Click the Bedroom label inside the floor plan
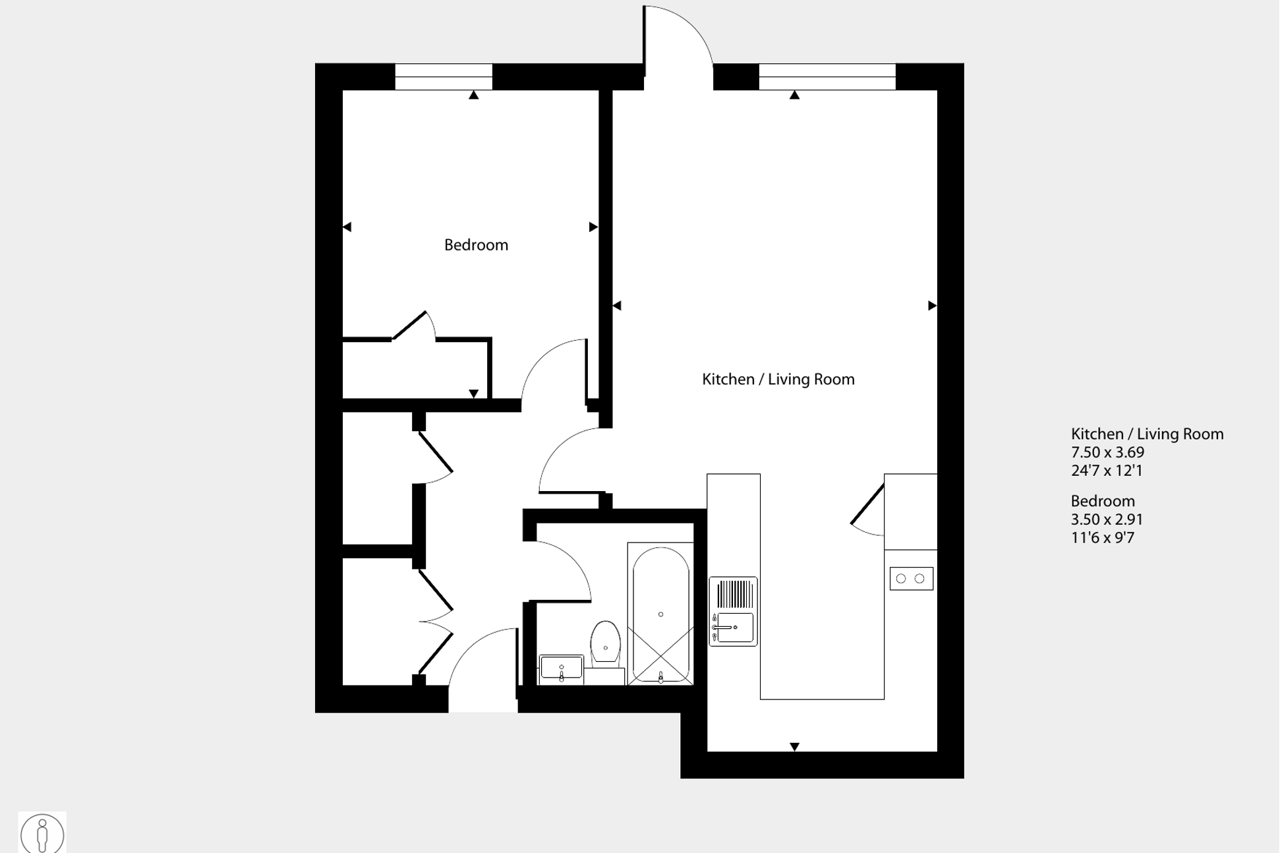tap(476, 245)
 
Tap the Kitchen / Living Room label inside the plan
tap(778, 380)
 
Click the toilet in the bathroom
tap(605, 643)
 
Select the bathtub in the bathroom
tap(660, 614)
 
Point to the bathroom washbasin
tap(561, 668)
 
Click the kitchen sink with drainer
tap(733, 611)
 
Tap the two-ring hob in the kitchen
tap(911, 579)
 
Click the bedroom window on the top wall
tap(444, 76)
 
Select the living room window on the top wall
tap(827, 76)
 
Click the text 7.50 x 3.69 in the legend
tap(1107, 453)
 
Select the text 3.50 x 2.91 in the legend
tap(1107, 519)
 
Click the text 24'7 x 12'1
tap(1106, 471)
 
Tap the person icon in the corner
tap(42, 834)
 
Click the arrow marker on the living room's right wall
tap(932, 306)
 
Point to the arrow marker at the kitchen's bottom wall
tap(794, 747)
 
